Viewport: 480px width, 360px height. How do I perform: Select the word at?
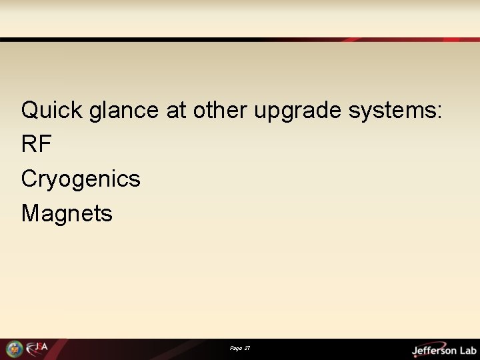pos(177,110)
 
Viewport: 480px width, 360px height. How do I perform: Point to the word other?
pos(221,110)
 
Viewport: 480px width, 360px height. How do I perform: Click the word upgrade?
pos(299,111)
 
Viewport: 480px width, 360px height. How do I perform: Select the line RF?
pos(37,144)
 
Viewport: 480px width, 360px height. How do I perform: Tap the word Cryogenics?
pos(81,179)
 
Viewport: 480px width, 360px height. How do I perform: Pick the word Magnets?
pos(67,213)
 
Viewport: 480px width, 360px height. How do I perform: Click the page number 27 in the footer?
pos(247,349)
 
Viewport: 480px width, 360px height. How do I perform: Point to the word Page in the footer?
pos(235,349)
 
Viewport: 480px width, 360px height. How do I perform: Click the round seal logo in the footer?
pos(14,349)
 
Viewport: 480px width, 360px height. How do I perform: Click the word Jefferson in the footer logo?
pos(433,350)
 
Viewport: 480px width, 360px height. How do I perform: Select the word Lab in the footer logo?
pos(466,350)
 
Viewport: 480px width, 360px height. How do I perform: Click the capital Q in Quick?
pos(30,110)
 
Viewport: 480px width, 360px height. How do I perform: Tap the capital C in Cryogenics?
pos(29,179)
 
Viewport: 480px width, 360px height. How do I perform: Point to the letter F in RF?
pos(45,144)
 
